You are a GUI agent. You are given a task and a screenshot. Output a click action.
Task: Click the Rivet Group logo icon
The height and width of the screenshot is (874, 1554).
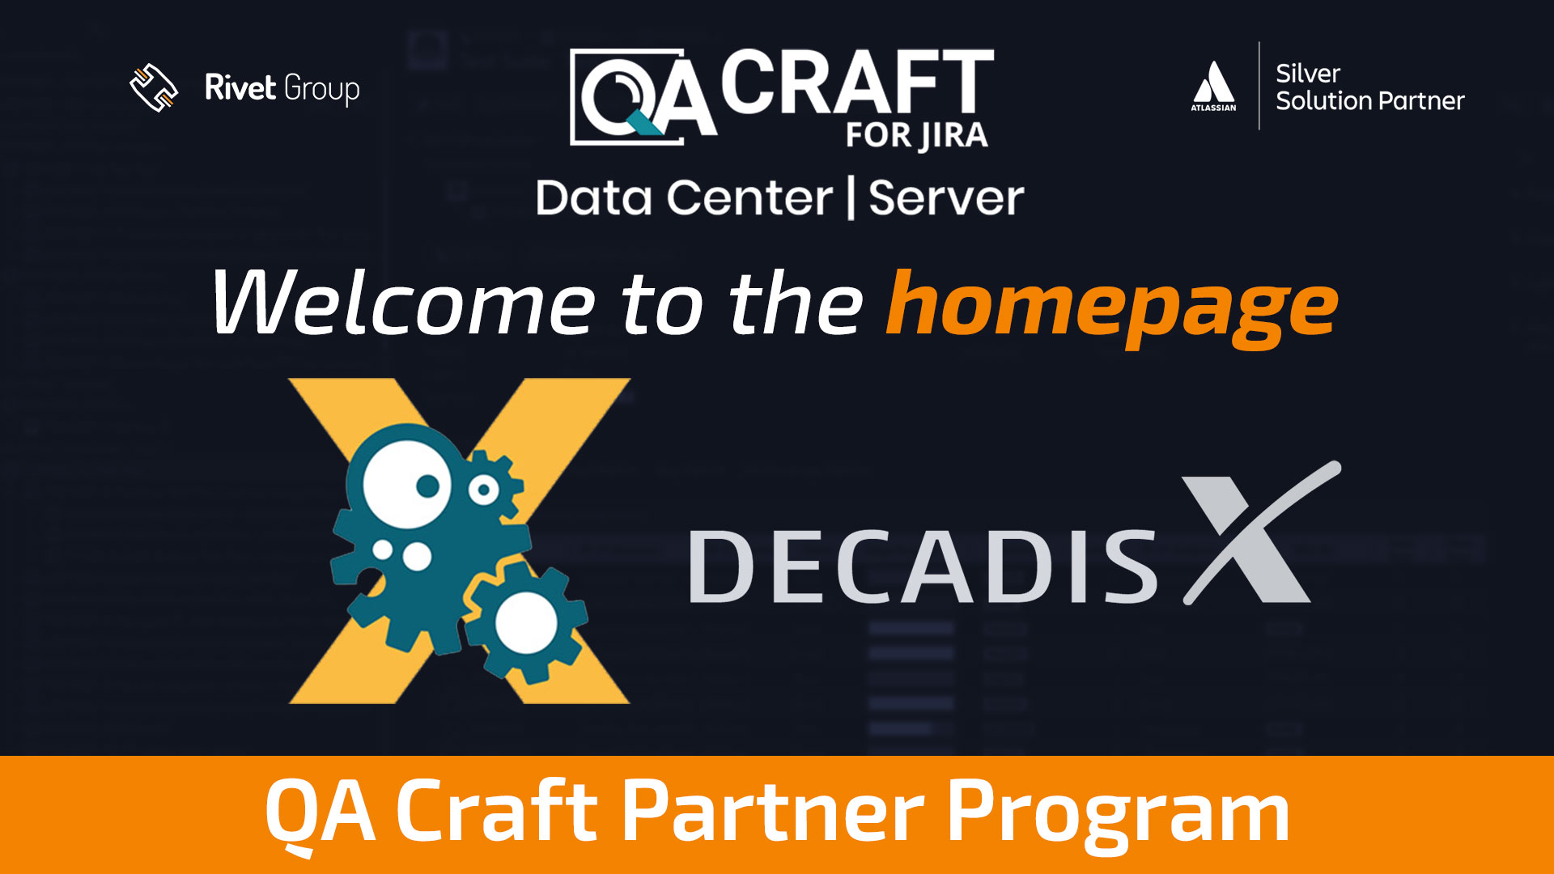[154, 87]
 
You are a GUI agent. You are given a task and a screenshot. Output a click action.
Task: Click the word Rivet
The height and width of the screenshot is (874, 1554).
[240, 87]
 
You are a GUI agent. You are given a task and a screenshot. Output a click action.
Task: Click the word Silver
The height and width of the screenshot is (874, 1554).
[1308, 74]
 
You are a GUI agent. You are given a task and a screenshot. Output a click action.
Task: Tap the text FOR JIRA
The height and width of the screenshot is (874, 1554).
[917, 135]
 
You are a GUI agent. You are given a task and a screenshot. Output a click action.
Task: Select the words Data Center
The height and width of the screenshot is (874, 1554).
[684, 198]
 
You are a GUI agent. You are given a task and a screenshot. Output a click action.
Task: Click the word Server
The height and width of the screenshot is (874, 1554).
[946, 198]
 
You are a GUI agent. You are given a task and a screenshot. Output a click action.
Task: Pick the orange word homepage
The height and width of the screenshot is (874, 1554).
[1113, 308]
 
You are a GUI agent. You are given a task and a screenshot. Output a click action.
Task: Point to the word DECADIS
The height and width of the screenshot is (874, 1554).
[923, 566]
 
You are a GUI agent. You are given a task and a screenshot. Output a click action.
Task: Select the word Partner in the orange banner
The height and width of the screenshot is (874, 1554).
[773, 810]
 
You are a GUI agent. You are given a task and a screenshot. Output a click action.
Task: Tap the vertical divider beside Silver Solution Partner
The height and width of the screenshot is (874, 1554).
[1259, 86]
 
